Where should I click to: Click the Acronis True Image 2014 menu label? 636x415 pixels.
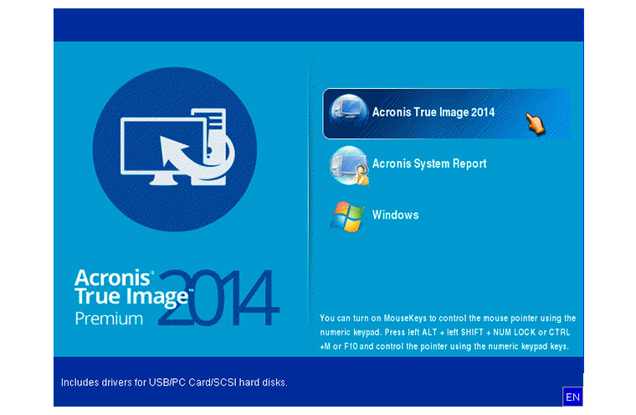[433, 112]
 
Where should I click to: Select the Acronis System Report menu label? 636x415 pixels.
[429, 163]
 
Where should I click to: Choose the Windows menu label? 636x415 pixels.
[396, 215]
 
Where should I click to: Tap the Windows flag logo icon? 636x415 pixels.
[347, 216]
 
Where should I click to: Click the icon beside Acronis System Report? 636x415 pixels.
[349, 165]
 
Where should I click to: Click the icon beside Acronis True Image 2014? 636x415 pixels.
[347, 112]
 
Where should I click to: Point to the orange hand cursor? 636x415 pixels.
[536, 123]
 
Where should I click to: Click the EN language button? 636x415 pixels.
[572, 397]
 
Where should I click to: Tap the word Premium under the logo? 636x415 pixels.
[109, 319]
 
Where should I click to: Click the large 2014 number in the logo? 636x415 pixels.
[219, 298]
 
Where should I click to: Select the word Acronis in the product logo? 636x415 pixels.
[112, 278]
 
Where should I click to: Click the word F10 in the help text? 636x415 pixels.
[351, 347]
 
